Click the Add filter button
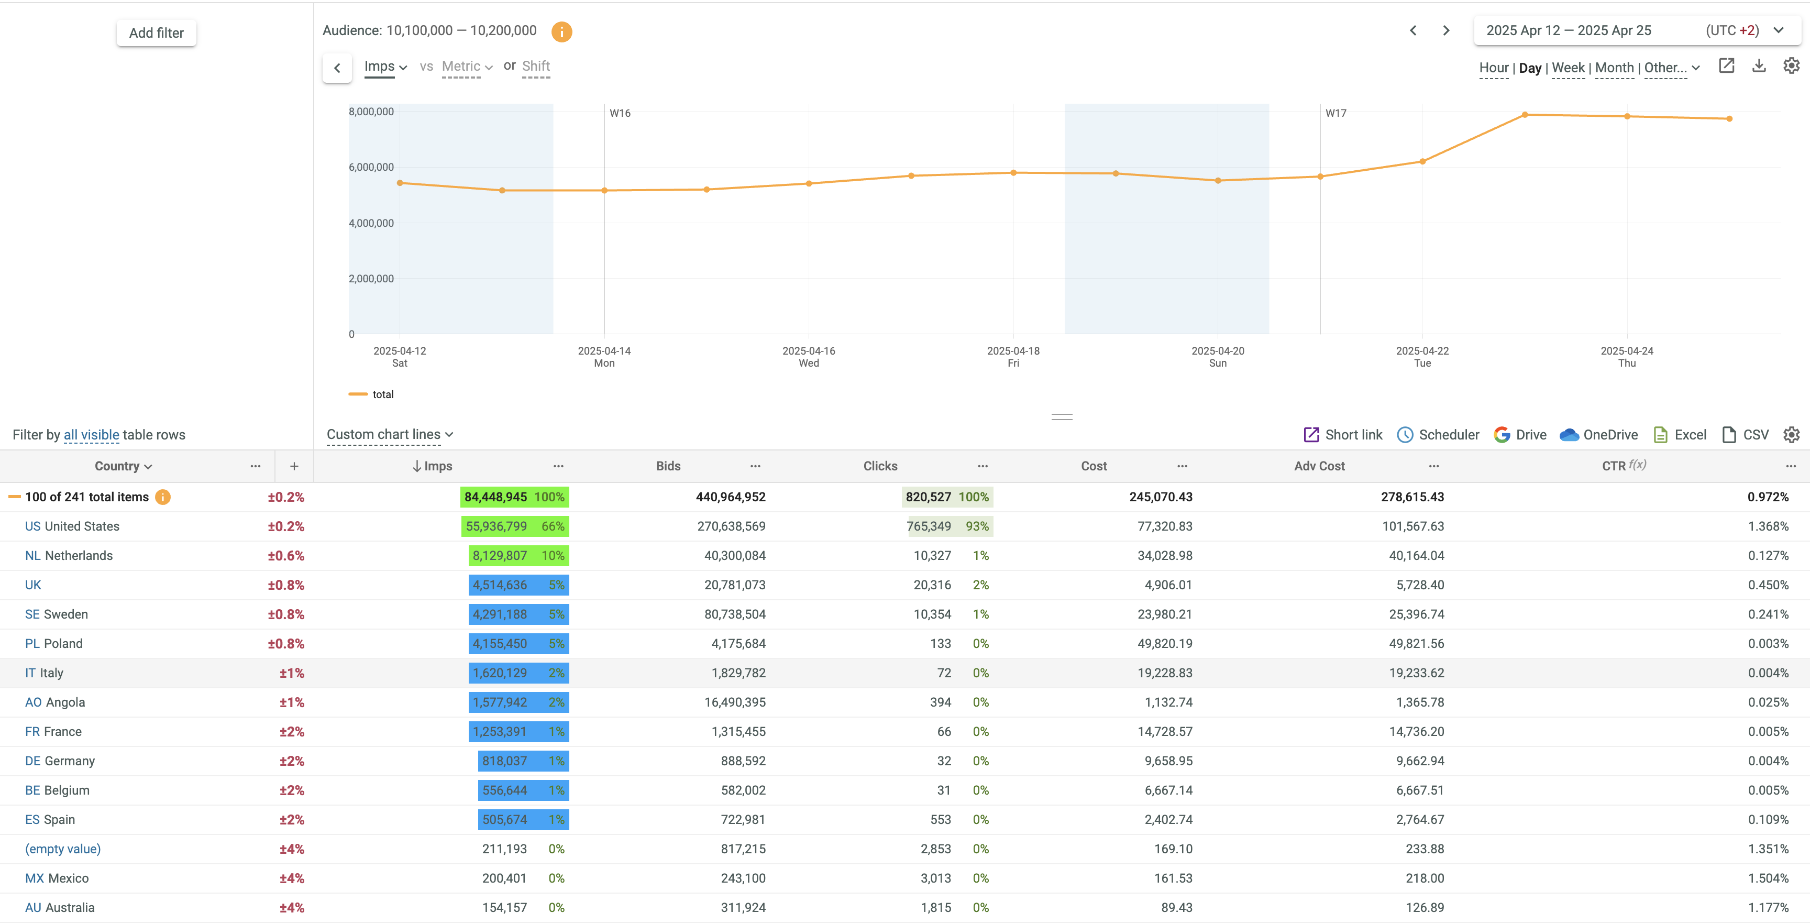[156, 33]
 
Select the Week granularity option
[1568, 68]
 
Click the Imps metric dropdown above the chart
[385, 67]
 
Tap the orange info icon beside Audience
[561, 31]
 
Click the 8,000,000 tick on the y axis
[371, 112]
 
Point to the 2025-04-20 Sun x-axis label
[1217, 356]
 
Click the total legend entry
[382, 394]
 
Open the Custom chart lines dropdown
[389, 435]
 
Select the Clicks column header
[880, 466]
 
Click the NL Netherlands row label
[69, 556]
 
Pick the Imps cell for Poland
[500, 644]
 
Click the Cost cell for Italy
[1164, 673]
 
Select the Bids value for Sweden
[734, 614]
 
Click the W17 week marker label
[1335, 113]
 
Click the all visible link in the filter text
[91, 435]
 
